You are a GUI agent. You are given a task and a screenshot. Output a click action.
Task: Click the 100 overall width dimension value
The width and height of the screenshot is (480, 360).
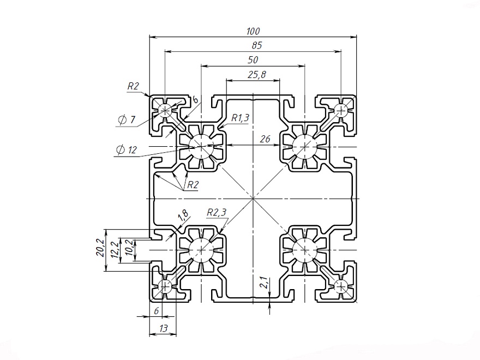click(x=253, y=31)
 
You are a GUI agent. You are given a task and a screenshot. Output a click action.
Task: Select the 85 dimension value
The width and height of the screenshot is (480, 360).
click(x=253, y=45)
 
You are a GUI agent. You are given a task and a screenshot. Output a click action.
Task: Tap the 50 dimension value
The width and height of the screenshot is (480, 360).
click(x=253, y=59)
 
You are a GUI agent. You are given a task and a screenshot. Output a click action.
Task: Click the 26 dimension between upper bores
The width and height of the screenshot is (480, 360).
click(x=265, y=139)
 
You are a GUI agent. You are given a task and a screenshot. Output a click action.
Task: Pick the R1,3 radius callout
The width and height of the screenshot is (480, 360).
click(x=241, y=117)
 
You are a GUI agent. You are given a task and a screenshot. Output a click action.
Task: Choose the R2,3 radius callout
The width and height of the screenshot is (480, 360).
click(x=217, y=213)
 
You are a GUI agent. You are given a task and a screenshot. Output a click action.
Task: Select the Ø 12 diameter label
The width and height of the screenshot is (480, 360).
click(x=126, y=149)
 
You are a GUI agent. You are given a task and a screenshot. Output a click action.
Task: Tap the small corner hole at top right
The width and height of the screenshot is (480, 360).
click(x=341, y=111)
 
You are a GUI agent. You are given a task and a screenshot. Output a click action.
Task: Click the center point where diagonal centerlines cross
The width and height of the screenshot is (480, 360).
click(x=253, y=199)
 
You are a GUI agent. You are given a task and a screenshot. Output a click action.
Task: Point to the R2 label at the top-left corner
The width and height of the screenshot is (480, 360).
click(x=133, y=86)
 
